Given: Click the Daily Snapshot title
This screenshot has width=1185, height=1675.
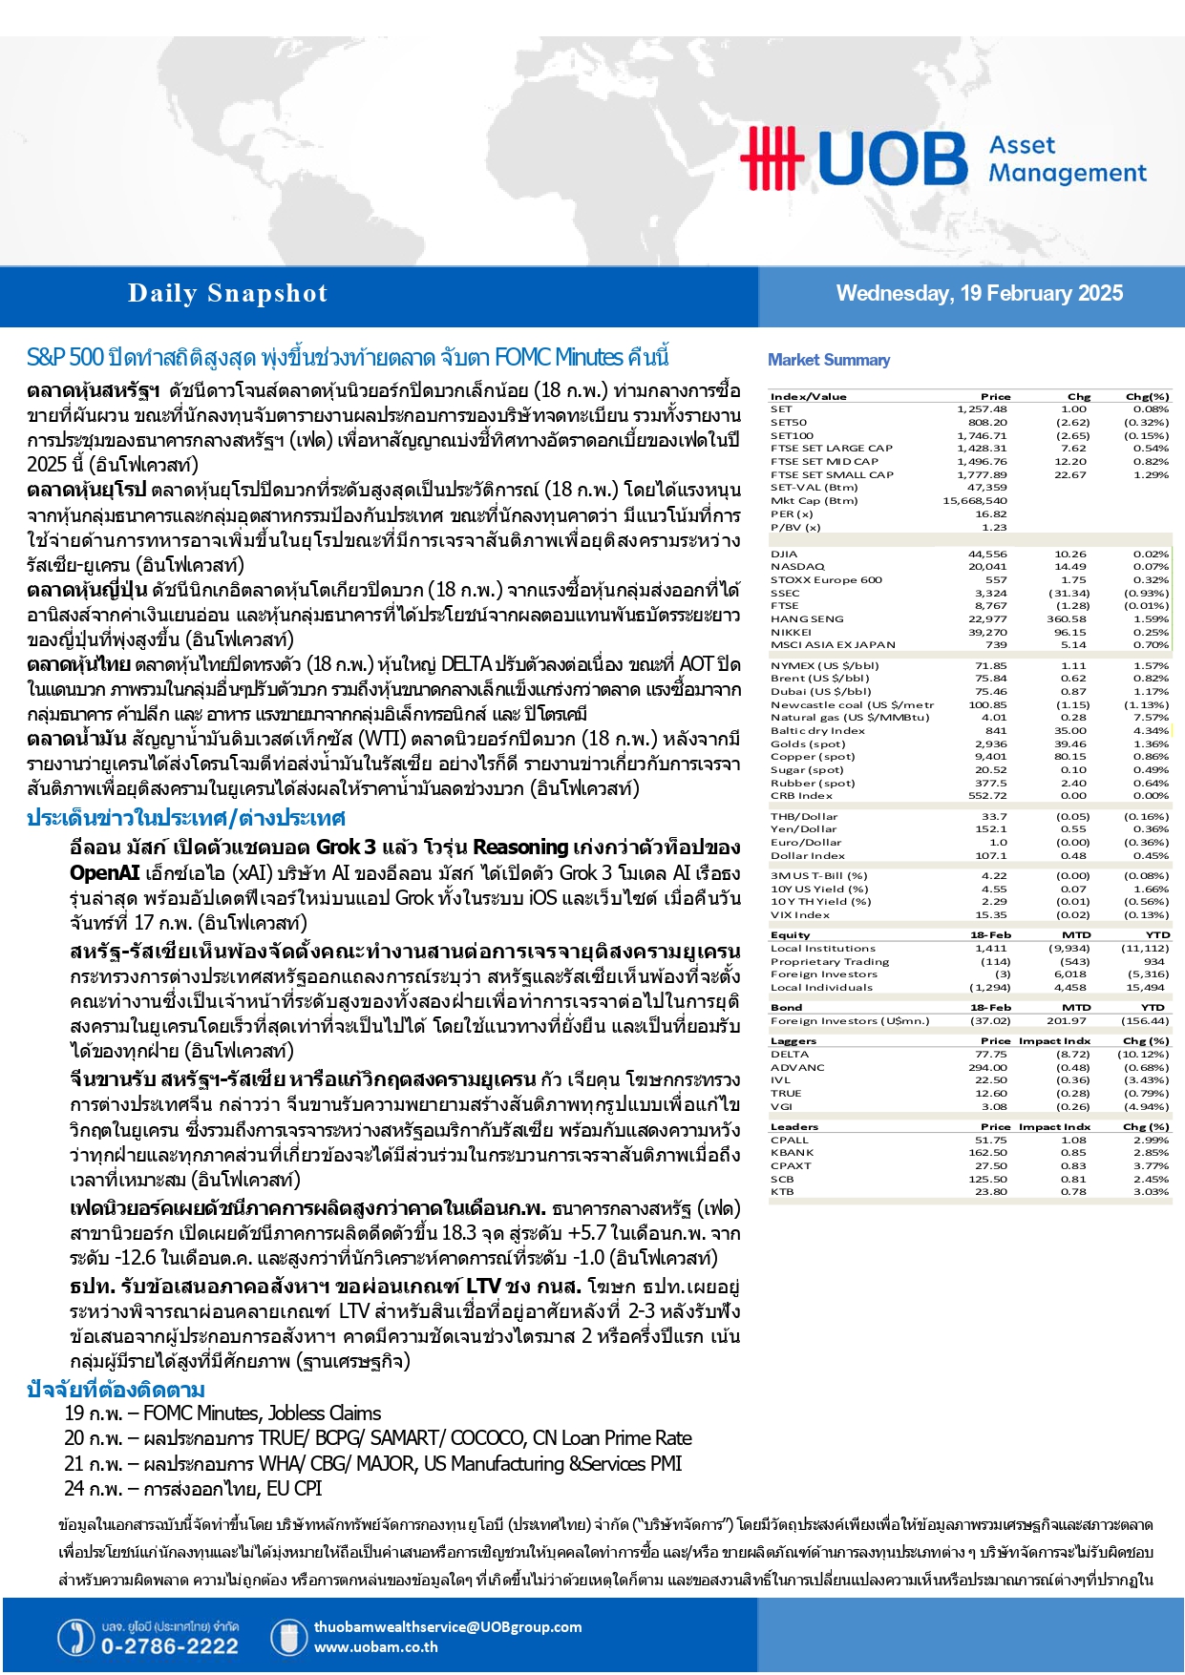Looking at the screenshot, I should tap(227, 294).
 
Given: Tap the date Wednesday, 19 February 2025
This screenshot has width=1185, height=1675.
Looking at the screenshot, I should tap(979, 294).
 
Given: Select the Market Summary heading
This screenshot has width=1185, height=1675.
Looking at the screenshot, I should tap(828, 360).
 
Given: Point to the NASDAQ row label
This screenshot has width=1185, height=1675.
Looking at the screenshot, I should tap(797, 567).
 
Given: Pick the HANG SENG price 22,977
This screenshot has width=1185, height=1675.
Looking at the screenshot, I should tap(987, 619).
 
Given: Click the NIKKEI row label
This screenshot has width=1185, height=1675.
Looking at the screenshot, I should tap(791, 632).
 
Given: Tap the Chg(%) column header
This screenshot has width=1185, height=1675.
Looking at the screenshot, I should tap(1147, 397).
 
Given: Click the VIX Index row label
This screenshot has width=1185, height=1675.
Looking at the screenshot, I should tap(800, 915).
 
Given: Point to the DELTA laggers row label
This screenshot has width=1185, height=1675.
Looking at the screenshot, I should tap(790, 1055).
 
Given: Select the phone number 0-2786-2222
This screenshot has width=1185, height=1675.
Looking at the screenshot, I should tap(169, 1646).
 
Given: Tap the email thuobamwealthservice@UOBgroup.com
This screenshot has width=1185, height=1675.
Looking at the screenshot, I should tap(447, 1627).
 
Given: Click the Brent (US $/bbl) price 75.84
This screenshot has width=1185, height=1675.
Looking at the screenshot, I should tap(990, 679).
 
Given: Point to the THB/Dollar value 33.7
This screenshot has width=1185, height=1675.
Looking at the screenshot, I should tap(994, 817).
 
